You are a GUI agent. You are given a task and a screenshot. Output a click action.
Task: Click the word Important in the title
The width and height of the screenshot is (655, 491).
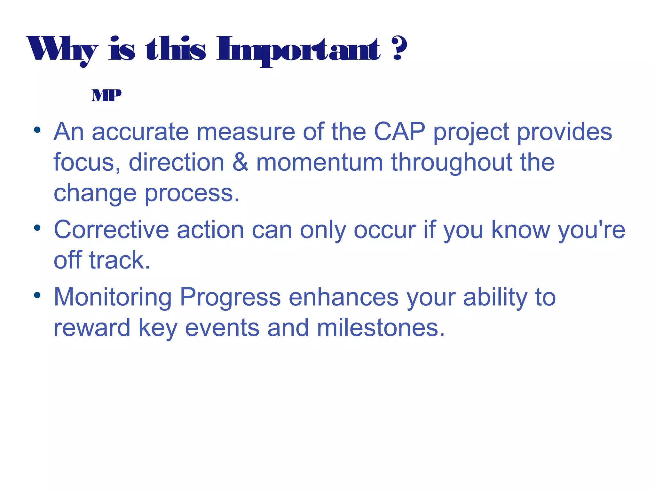[298, 50]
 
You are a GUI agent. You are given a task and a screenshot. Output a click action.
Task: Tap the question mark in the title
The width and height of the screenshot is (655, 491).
[399, 48]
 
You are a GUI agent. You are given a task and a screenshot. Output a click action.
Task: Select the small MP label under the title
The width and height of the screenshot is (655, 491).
[106, 95]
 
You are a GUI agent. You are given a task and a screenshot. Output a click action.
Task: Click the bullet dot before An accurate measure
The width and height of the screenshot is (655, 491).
[37, 130]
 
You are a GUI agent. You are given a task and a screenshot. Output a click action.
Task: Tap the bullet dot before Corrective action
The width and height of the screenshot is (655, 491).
[37, 228]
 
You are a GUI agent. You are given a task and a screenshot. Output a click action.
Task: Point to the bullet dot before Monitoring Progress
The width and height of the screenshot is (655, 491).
[37, 295]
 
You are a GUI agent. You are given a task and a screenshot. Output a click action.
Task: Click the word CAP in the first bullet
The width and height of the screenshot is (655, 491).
[399, 132]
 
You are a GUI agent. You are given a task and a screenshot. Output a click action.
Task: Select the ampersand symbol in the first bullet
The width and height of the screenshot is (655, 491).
[240, 162]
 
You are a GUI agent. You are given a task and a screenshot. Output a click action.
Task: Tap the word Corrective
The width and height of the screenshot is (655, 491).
[111, 230]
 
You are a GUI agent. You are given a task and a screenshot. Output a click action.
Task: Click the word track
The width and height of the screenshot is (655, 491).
[120, 260]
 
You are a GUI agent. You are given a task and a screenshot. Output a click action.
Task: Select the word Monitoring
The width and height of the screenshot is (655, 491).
[113, 298]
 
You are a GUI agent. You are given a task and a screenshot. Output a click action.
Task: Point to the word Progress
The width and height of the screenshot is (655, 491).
[230, 298]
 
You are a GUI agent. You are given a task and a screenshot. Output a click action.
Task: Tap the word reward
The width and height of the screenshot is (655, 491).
[92, 328]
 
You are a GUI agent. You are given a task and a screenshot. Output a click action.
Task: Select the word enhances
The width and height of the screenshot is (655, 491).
[343, 298]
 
